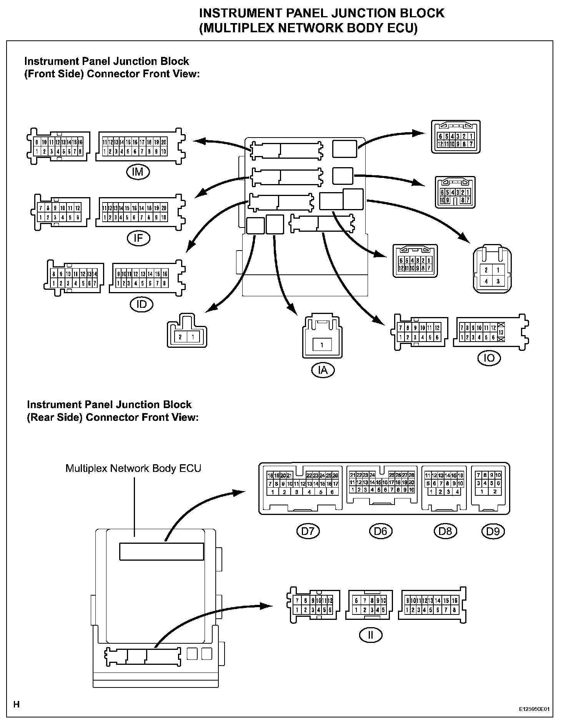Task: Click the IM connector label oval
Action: [x=138, y=172]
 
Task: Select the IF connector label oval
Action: [x=138, y=238]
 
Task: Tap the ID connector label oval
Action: [x=141, y=304]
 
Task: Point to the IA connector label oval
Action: [x=323, y=370]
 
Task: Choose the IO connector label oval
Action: [x=489, y=358]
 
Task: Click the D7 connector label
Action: [x=308, y=531]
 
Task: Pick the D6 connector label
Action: [x=380, y=531]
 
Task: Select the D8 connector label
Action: [x=445, y=531]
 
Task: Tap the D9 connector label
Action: [x=493, y=531]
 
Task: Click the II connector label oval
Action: [x=371, y=635]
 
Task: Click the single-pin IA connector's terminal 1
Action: [x=322, y=345]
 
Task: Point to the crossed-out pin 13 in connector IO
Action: [x=501, y=332]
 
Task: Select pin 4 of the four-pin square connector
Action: [x=486, y=281]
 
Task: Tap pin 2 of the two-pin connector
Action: [x=180, y=337]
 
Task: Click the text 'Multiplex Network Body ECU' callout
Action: [x=133, y=468]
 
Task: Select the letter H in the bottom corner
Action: [x=17, y=704]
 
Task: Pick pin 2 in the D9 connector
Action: [x=495, y=492]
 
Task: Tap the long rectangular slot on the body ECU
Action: [x=161, y=551]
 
